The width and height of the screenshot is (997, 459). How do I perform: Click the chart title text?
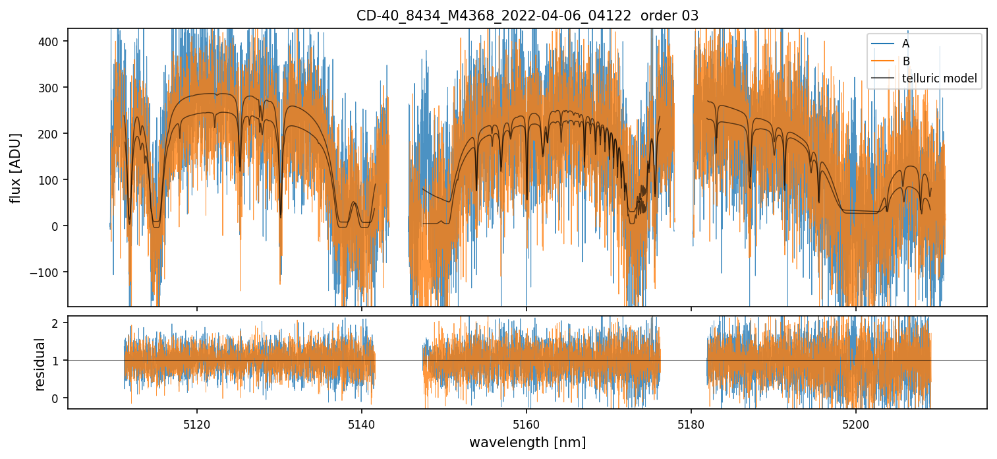click(527, 15)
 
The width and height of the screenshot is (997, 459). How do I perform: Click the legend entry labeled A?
click(906, 44)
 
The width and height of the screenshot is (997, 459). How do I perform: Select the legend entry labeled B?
click(906, 61)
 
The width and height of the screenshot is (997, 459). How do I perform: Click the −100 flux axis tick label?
click(48, 272)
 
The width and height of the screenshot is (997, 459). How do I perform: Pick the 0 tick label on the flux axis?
click(57, 226)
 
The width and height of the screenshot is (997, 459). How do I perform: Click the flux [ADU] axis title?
click(15, 168)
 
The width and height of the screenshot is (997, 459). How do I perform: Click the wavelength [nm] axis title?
click(527, 442)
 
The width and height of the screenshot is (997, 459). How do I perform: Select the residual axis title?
click(40, 364)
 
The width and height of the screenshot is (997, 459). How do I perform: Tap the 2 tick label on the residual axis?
click(57, 323)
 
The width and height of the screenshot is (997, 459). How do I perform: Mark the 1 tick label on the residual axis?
click(57, 361)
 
